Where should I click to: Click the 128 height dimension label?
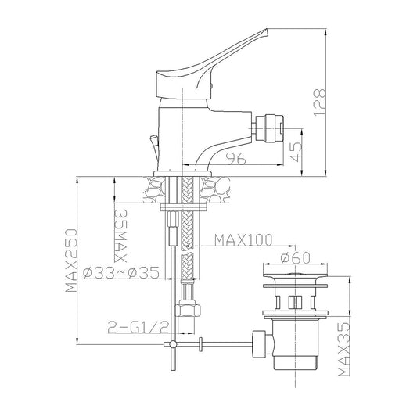pyautogui.click(x=320, y=102)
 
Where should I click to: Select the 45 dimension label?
pyautogui.click(x=297, y=152)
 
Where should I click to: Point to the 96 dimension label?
pyautogui.click(x=236, y=159)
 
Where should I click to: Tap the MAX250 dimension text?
pyautogui.click(x=72, y=260)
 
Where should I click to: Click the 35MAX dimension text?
pyautogui.click(x=120, y=235)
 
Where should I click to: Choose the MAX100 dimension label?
pyautogui.click(x=243, y=240)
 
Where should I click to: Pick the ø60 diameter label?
pyautogui.click(x=296, y=257)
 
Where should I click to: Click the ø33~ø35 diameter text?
pyautogui.click(x=121, y=272)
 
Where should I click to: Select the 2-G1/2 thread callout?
pyautogui.click(x=138, y=327)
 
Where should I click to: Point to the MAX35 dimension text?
pyautogui.click(x=344, y=349)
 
